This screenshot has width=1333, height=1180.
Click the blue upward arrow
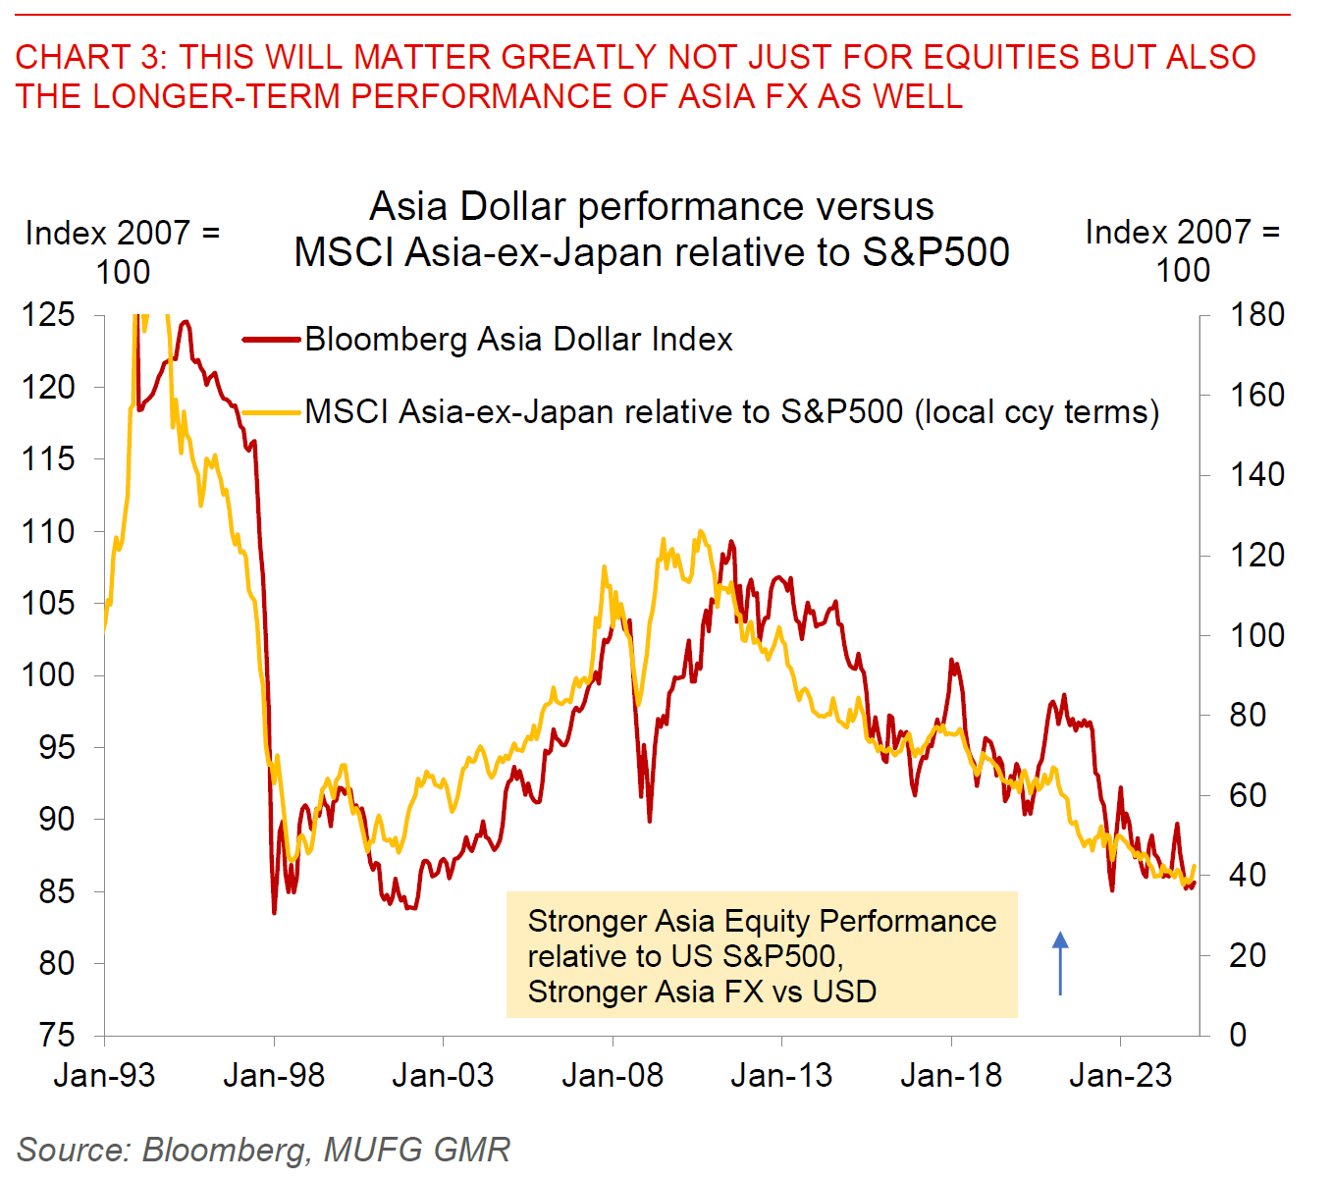click(1060, 963)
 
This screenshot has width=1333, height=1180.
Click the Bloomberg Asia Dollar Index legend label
click(518, 340)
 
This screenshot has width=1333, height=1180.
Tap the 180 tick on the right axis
click(1256, 315)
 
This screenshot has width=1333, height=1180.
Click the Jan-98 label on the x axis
click(274, 1076)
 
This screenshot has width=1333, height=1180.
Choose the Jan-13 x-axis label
click(781, 1076)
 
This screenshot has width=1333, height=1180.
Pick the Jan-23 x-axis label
click(1120, 1076)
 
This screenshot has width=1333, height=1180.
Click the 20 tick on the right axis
click(1247, 955)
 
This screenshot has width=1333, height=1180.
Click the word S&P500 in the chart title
click(935, 253)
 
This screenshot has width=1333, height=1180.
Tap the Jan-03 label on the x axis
click(443, 1076)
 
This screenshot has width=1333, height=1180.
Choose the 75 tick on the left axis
click(57, 1036)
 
